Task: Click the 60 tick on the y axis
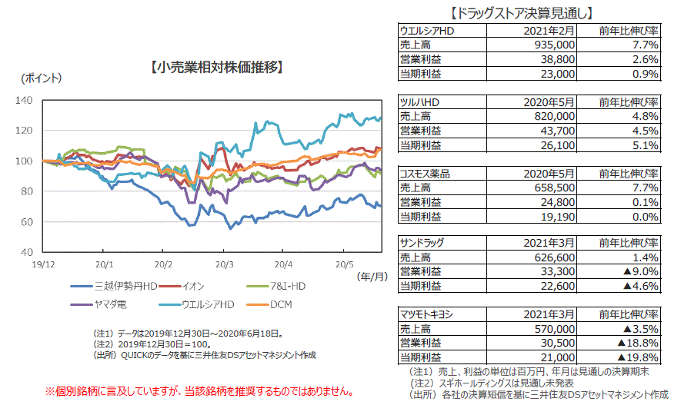25,221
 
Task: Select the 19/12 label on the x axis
43,264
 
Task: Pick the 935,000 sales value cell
552,45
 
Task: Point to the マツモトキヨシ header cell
428,314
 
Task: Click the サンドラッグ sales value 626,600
552,257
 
